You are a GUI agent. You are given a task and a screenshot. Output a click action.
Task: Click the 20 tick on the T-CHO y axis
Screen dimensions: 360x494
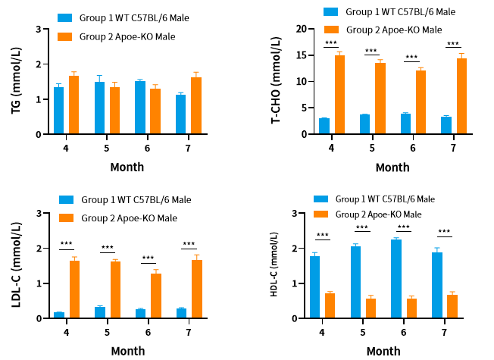click(302, 29)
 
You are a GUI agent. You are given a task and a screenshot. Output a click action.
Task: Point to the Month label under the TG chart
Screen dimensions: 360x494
click(127, 167)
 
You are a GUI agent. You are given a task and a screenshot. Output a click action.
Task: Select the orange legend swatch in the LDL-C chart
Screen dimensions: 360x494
click(65, 218)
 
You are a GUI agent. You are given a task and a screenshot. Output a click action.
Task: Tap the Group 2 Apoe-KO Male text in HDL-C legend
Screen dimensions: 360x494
click(378, 214)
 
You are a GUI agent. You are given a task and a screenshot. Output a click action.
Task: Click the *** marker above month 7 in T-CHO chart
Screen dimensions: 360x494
click(453, 43)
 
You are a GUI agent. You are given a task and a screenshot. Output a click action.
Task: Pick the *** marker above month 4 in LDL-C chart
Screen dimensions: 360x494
click(66, 245)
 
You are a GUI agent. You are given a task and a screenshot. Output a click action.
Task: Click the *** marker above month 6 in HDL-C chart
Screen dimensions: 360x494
click(403, 227)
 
